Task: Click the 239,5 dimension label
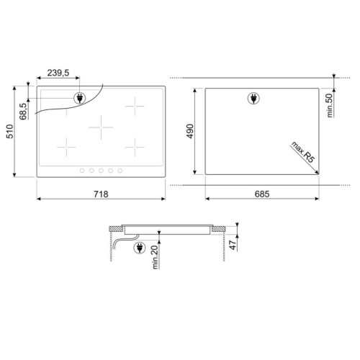point(58,73)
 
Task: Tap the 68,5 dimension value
point(23,112)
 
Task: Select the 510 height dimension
point(10,131)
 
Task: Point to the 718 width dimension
point(101,194)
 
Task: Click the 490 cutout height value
point(190,131)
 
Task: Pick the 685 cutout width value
point(262,194)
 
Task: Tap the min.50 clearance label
point(330,105)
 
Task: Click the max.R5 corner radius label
point(303,152)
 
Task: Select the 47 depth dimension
point(233,245)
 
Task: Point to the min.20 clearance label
point(155,257)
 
